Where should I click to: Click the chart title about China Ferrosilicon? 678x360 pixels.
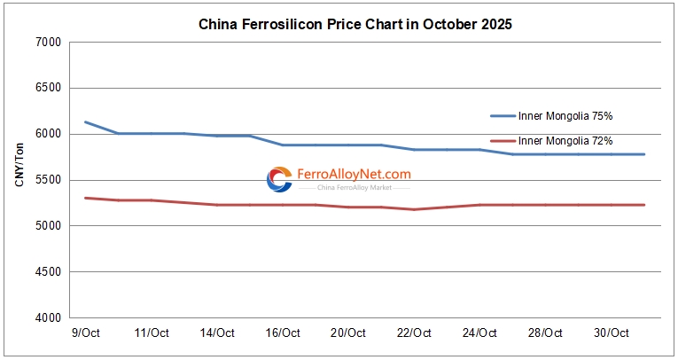pyautogui.click(x=355, y=25)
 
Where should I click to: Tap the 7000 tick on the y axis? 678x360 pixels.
pyautogui.click(x=47, y=43)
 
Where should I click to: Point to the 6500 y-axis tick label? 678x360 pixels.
pyautogui.click(x=47, y=89)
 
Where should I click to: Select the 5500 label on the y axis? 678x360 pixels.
pyautogui.click(x=47, y=180)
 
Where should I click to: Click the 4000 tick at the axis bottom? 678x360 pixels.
pyautogui.click(x=47, y=317)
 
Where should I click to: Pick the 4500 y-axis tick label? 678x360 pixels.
pyautogui.click(x=47, y=272)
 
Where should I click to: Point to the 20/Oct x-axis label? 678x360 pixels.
pyautogui.click(x=347, y=333)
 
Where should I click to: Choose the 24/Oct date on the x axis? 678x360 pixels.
pyautogui.click(x=479, y=333)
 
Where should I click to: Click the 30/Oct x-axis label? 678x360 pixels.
pyautogui.click(x=611, y=333)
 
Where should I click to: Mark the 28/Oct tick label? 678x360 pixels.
pyautogui.click(x=545, y=333)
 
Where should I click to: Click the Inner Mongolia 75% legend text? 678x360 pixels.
pyautogui.click(x=565, y=115)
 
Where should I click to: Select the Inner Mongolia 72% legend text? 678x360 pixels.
pyautogui.click(x=565, y=140)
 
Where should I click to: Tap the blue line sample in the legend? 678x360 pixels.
pyautogui.click(x=503, y=115)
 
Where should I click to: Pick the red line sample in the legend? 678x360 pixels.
pyautogui.click(x=503, y=140)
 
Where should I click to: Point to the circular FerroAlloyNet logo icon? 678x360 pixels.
pyautogui.click(x=279, y=179)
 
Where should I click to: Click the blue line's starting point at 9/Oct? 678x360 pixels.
pyautogui.click(x=85, y=122)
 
